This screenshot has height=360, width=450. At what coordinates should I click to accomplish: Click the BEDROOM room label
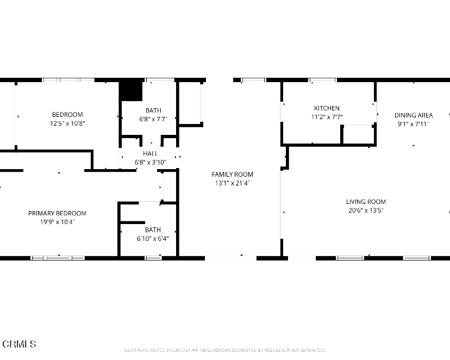pyautogui.click(x=67, y=114)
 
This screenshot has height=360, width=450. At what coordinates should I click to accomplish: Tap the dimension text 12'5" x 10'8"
pyautogui.click(x=67, y=123)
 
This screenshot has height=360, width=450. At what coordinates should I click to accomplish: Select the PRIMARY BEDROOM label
pyautogui.click(x=57, y=213)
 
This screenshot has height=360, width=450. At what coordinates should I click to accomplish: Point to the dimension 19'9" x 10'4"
pyautogui.click(x=57, y=222)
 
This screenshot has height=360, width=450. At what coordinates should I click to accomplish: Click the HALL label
pyautogui.click(x=150, y=154)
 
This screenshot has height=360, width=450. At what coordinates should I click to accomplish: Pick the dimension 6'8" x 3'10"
pyautogui.click(x=150, y=162)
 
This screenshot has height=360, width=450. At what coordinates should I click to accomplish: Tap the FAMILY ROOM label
pyautogui.click(x=232, y=175)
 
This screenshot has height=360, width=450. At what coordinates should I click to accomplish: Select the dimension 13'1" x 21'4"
pyautogui.click(x=232, y=183)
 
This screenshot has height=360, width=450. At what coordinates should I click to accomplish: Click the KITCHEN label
pyautogui.click(x=327, y=108)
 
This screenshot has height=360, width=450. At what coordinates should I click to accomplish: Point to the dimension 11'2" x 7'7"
pyautogui.click(x=327, y=117)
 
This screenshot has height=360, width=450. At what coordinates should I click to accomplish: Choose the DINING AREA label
pyautogui.click(x=413, y=115)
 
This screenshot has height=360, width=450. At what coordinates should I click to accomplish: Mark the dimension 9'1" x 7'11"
pyautogui.click(x=413, y=124)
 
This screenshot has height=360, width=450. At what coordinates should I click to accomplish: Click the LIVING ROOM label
pyautogui.click(x=366, y=202)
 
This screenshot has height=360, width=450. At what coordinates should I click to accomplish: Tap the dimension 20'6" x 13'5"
pyautogui.click(x=366, y=210)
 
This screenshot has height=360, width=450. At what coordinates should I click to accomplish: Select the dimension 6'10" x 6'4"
pyautogui.click(x=153, y=238)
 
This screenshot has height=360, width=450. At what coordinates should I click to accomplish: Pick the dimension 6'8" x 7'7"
pyautogui.click(x=153, y=119)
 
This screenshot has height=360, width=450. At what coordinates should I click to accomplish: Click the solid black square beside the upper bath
pyautogui.click(x=130, y=91)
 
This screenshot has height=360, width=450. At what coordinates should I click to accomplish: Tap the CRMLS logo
pyautogui.click(x=19, y=344)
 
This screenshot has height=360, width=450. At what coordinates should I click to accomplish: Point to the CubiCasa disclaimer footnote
pyautogui.click(x=224, y=350)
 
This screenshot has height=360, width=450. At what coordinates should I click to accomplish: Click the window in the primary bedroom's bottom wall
pyautogui.click(x=58, y=258)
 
